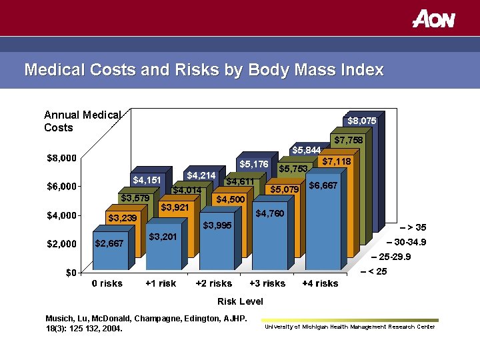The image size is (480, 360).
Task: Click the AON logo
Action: click(433, 19)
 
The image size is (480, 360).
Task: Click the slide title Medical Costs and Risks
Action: click(203, 70)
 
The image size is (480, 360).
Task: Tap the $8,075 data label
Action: click(362, 121)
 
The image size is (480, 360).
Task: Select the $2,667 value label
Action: click(109, 243)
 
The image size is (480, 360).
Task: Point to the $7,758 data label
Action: click(349, 140)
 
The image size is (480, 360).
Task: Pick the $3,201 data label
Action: click(163, 237)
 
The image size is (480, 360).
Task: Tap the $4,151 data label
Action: click(146, 180)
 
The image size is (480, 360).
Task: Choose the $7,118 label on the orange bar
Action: click(336, 161)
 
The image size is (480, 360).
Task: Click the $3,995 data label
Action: click(217, 225)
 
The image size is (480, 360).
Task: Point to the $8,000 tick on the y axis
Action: click(61, 158)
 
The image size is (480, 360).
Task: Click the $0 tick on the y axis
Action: click(70, 273)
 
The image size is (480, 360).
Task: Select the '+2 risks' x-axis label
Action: click(213, 283)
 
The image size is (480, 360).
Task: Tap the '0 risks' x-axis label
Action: click(107, 283)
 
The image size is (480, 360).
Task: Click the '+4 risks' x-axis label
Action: click(320, 283)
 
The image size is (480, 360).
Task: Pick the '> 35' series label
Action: click(415, 227)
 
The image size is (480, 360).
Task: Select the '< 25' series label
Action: click(376, 271)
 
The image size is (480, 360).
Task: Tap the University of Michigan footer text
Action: click(349, 327)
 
